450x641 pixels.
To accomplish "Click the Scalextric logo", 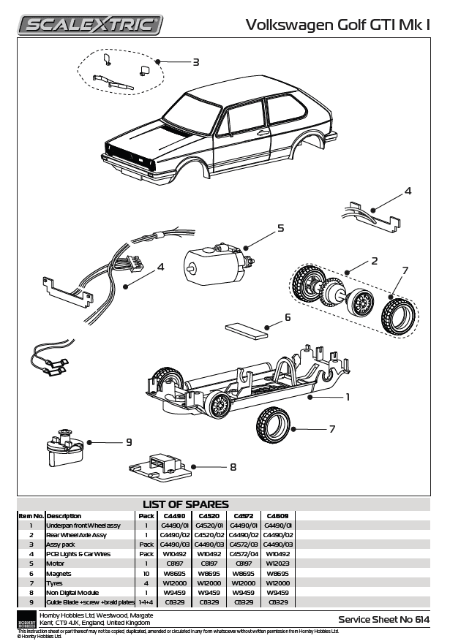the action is (x=90, y=25).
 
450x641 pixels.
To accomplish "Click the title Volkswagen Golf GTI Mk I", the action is (x=337, y=25).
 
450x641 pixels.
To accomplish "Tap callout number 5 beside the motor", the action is (x=281, y=228).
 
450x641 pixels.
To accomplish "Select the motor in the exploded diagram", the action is (x=219, y=265).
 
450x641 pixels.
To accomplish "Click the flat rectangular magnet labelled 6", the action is (x=247, y=332).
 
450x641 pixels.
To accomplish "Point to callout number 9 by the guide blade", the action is (x=129, y=442).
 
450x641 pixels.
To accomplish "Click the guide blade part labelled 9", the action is (x=65, y=448).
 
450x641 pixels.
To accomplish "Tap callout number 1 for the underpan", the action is (x=348, y=397).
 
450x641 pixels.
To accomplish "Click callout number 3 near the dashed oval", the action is (x=196, y=62).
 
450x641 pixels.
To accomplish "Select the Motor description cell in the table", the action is (x=55, y=564).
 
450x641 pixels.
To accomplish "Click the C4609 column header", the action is (x=278, y=516).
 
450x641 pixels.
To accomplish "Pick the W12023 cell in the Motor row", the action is (x=278, y=564).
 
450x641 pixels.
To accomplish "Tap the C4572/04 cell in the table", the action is (x=244, y=554).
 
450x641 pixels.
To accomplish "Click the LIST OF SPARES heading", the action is (x=186, y=504).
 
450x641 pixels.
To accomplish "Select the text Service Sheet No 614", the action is (x=384, y=619).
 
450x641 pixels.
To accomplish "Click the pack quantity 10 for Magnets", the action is (x=146, y=574).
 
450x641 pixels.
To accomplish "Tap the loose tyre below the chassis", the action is (x=273, y=425).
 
